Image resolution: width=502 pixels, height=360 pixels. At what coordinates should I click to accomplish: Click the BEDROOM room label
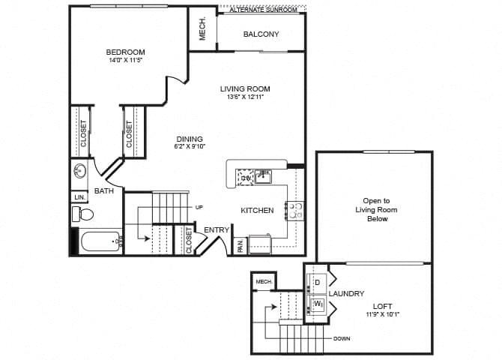point(125,52)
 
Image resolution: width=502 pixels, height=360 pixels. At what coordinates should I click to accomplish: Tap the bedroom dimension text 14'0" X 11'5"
point(125,61)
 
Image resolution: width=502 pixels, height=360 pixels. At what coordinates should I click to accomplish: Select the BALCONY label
point(261,34)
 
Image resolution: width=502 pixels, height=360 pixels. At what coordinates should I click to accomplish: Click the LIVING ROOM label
point(244,88)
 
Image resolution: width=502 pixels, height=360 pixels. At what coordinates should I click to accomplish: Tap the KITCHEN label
point(257,211)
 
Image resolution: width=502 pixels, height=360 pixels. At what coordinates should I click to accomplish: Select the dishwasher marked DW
point(245,178)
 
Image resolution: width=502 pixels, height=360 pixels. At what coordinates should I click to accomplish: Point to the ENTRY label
point(217,230)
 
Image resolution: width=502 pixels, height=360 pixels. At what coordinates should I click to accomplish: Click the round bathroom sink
point(80,172)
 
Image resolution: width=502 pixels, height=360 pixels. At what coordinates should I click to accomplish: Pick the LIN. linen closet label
point(79,197)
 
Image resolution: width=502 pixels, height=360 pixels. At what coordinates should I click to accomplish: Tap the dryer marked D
point(316,283)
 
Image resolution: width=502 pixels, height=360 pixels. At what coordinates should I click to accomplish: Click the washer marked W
point(317,304)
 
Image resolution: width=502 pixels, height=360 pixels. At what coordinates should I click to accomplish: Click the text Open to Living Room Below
point(376,209)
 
